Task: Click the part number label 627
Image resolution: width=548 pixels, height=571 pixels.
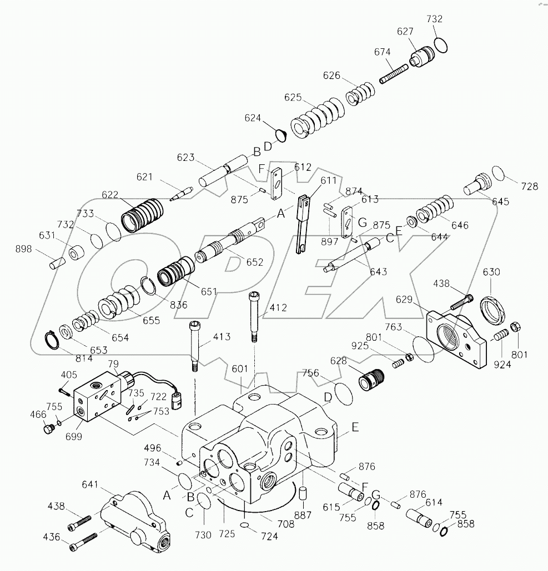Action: click(x=404, y=32)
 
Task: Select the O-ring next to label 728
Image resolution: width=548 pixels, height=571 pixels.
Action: click(x=498, y=174)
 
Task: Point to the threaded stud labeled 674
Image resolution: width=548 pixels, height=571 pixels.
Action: click(x=394, y=73)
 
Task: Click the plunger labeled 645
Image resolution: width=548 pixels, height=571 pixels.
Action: click(x=478, y=183)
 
